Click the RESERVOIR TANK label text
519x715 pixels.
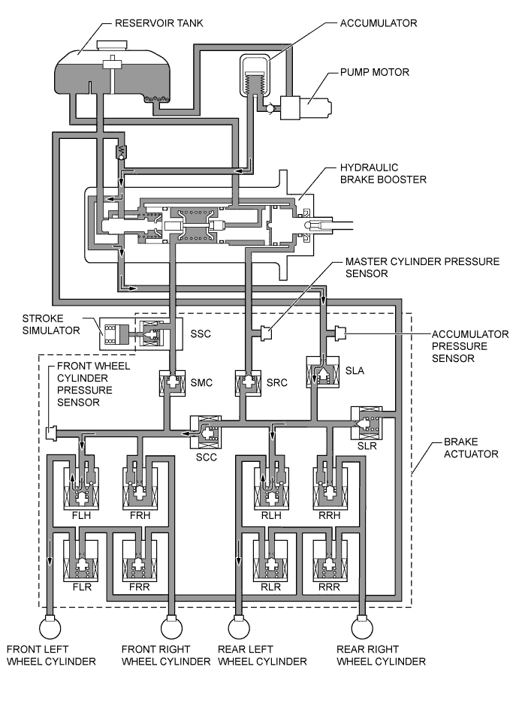pyautogui.click(x=159, y=23)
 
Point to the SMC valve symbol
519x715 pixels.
pyautogui.click(x=171, y=383)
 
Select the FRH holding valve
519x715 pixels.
pyautogui.click(x=139, y=486)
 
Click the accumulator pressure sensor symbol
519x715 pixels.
pyautogui.click(x=340, y=330)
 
